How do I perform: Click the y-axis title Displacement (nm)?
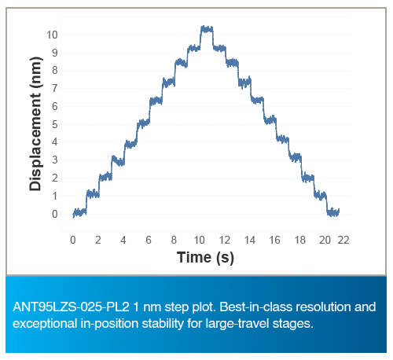(x=35, y=123)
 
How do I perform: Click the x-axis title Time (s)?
(x=205, y=257)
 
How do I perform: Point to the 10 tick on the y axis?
(x=52, y=35)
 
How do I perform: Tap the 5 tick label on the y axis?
(x=55, y=124)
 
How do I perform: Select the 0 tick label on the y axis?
(x=55, y=214)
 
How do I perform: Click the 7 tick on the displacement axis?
(x=55, y=89)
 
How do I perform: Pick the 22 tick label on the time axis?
(x=343, y=240)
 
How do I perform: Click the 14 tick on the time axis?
(x=250, y=240)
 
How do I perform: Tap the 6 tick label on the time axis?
(x=149, y=240)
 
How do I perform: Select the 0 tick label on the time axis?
(x=73, y=240)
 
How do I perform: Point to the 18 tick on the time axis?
(x=300, y=240)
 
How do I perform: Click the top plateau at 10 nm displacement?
(x=207, y=29)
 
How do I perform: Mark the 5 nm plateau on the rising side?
(x=143, y=123)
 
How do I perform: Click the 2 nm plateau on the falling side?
(x=307, y=178)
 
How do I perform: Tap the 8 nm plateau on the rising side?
(x=181, y=63)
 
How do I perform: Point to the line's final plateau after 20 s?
(x=333, y=212)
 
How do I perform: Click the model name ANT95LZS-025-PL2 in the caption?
(x=71, y=307)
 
